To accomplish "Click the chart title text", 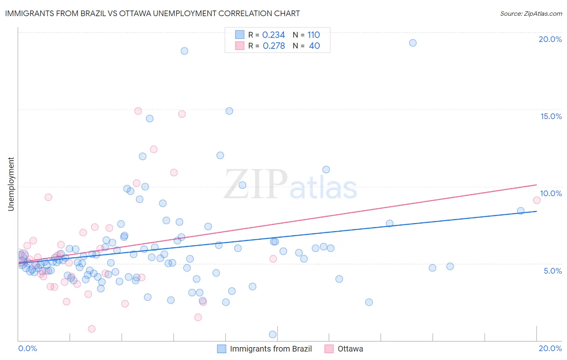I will point(152,13).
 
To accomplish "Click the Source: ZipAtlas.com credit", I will point(531,13).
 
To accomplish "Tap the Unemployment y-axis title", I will point(11,184).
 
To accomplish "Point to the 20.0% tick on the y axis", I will point(550,39).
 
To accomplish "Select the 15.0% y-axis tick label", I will point(551,116).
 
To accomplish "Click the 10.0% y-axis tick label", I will point(551,193).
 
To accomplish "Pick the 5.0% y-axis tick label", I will point(552,271).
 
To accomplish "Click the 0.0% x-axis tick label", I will point(27,348).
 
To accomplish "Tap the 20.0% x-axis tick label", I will point(550,348).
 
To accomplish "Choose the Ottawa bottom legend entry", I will point(350,349).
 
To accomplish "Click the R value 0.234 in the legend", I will point(273,35).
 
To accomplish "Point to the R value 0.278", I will point(274,46).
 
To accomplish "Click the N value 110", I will point(313,35).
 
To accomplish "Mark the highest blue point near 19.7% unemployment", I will point(413,43).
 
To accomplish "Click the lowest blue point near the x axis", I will point(273,334).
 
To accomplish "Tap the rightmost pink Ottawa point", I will point(536,200).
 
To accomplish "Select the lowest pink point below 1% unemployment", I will point(92,329).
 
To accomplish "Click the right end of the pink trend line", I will point(537,184).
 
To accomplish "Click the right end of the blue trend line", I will point(537,211).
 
